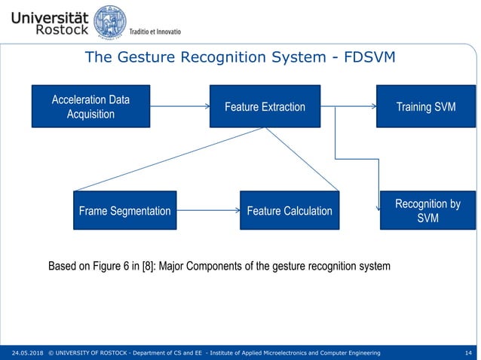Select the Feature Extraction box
(x=265, y=106)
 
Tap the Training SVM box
(x=425, y=106)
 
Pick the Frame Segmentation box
(x=124, y=210)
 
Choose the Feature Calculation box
(x=290, y=210)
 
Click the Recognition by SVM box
(x=427, y=210)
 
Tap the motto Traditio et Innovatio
(x=155, y=31)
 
